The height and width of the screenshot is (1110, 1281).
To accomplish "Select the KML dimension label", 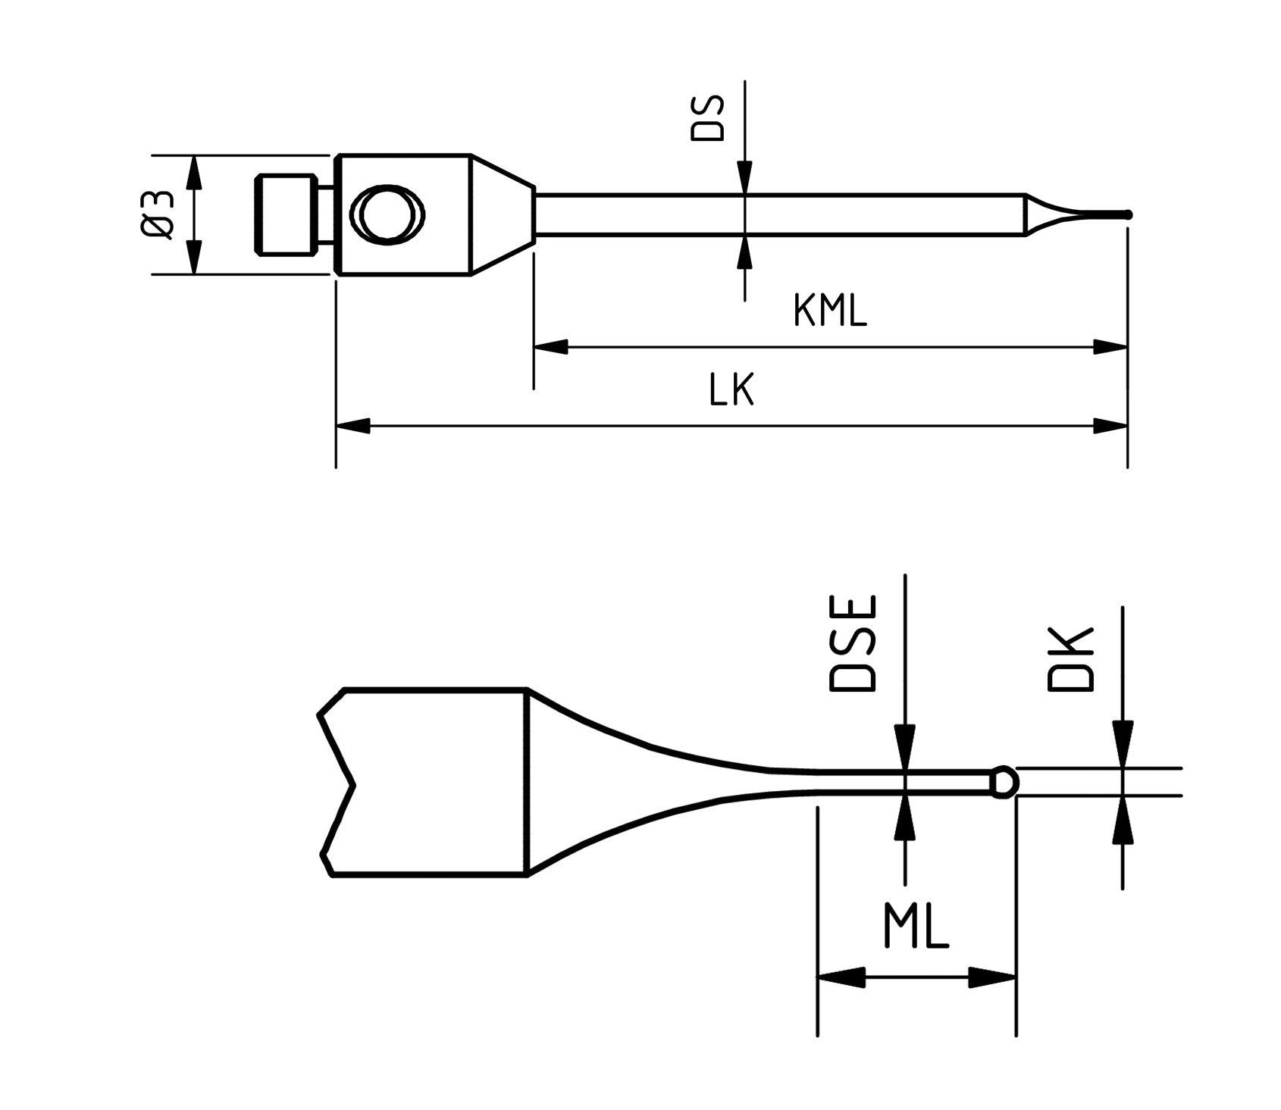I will click(x=829, y=311).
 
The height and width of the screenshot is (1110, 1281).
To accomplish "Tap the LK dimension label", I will click(x=731, y=392).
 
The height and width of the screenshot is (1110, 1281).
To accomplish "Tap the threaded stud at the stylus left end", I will click(x=285, y=215).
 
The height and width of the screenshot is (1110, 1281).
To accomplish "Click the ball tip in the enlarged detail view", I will click(x=1004, y=781).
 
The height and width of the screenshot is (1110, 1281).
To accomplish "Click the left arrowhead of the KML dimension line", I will click(x=551, y=347).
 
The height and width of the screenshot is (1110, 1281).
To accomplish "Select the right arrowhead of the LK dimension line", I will click(x=1110, y=427).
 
